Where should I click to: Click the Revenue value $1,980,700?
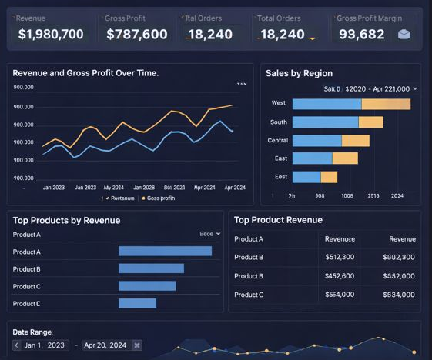tap(50, 34)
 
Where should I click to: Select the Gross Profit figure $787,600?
tap(136, 34)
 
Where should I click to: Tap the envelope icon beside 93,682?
tap(404, 34)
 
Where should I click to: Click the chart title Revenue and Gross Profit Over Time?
tap(85, 73)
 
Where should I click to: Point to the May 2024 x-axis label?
tap(113, 187)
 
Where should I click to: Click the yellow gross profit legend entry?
tap(158, 198)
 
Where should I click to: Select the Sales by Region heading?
tap(299, 74)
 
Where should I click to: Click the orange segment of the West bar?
tap(386, 104)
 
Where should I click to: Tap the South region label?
tap(278, 122)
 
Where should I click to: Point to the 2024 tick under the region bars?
tap(397, 196)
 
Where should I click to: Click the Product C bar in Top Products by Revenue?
tap(147, 286)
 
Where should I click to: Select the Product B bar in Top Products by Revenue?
tap(151, 268)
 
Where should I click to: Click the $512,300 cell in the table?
tap(340, 258)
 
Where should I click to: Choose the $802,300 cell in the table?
tap(398, 258)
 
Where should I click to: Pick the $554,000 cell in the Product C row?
tap(340, 295)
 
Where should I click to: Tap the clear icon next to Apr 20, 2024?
tap(137, 345)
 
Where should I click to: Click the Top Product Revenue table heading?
tap(278, 220)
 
